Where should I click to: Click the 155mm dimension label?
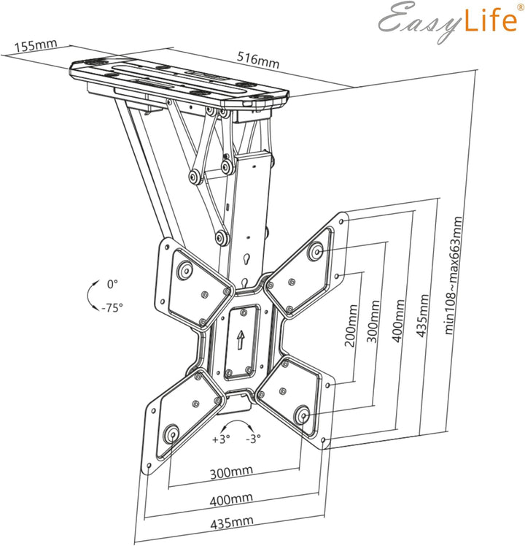(x=36, y=45)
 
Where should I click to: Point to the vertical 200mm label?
(x=351, y=326)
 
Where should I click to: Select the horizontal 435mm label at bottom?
(x=231, y=521)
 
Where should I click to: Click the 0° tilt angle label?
(x=112, y=283)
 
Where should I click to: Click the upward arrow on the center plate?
(x=241, y=339)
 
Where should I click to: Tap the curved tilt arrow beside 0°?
(x=90, y=295)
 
